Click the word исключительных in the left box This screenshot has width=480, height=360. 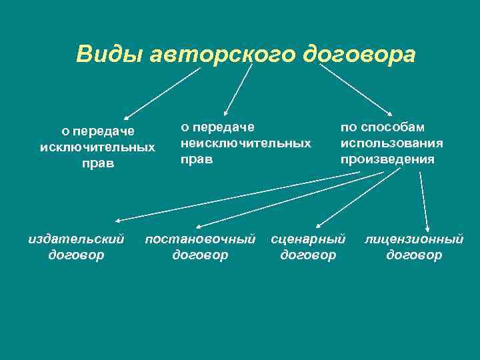[x=97, y=147]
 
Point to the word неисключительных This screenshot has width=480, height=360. [x=246, y=143]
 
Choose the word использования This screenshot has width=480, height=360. [x=391, y=143]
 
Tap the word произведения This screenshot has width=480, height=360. [x=387, y=159]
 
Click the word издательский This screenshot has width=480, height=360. [x=77, y=239]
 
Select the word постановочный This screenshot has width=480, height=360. [x=200, y=239]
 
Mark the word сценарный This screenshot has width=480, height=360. [x=308, y=239]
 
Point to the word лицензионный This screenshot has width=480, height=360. [x=413, y=239]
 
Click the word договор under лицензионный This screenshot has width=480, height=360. [x=413, y=255]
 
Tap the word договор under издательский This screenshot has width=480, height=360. [x=77, y=255]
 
